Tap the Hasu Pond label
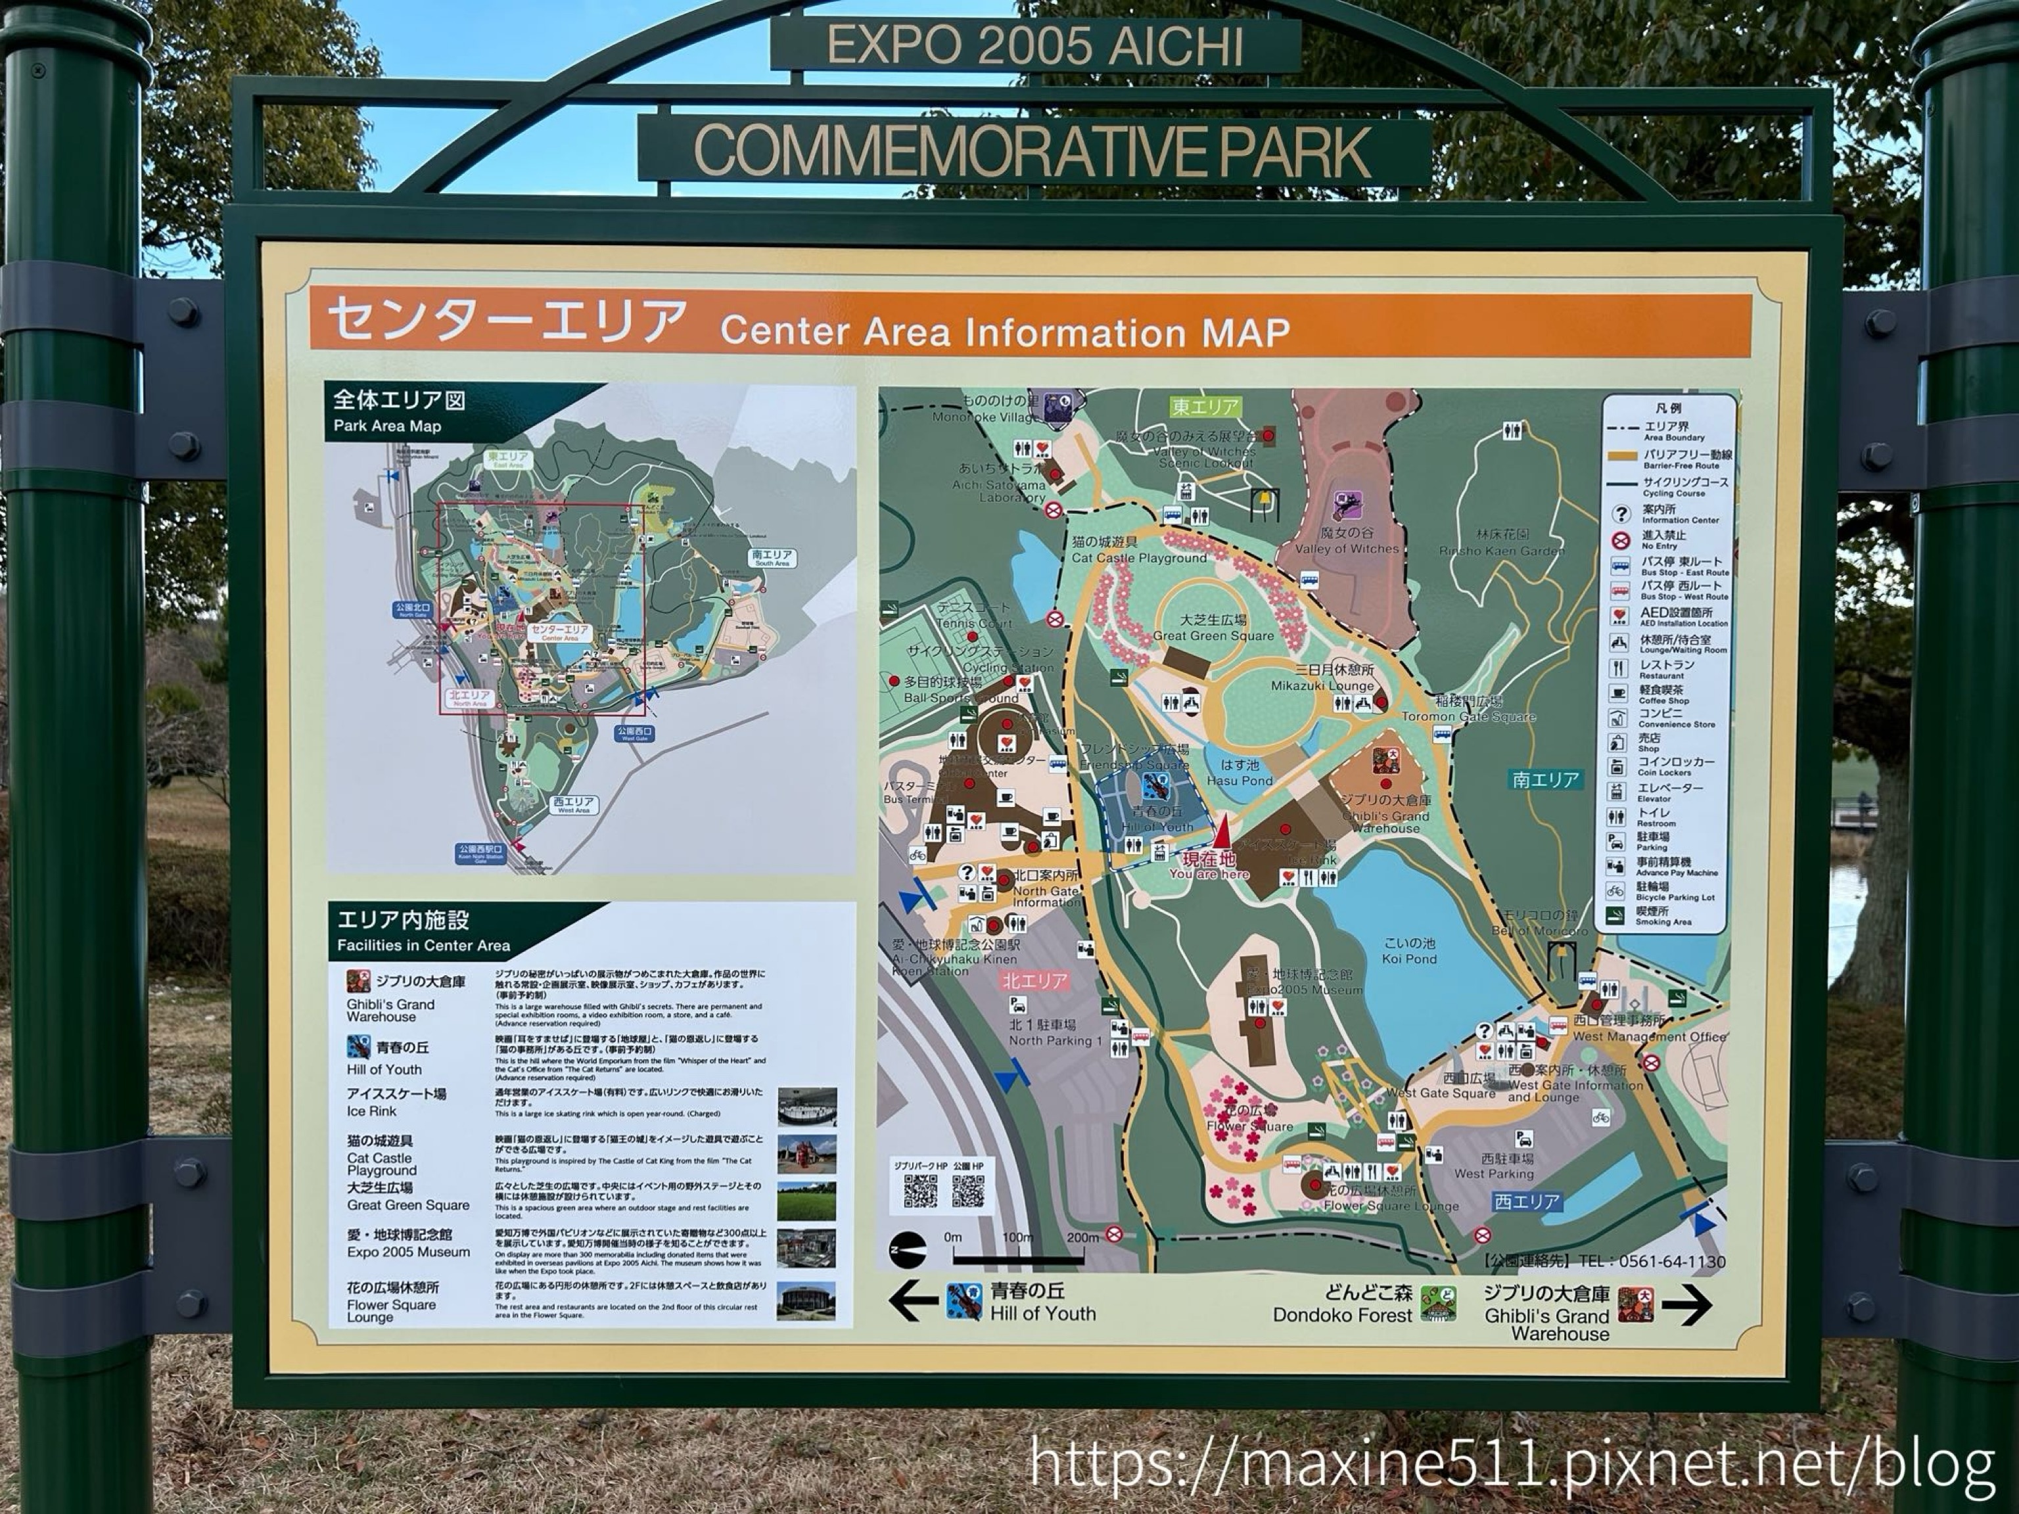(1239, 773)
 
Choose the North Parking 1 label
(1055, 1033)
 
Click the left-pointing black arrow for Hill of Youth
(913, 1300)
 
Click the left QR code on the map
(920, 1191)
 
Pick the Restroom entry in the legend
(1655, 816)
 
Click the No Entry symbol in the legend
(1621, 540)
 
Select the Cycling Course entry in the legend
(1685, 486)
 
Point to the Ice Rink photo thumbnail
(807, 1107)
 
